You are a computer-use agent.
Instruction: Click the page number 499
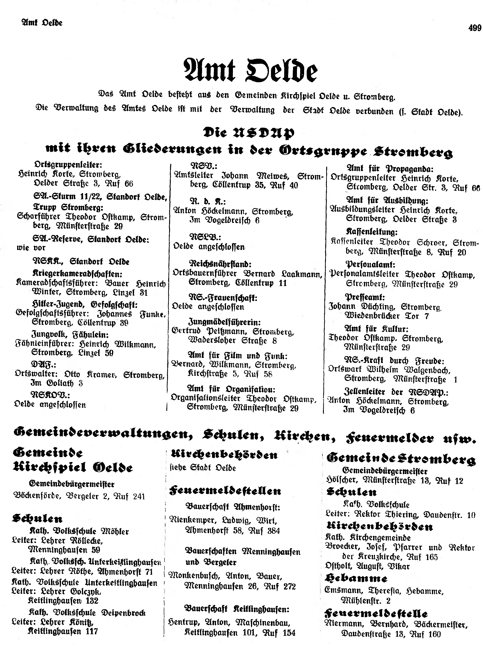474,28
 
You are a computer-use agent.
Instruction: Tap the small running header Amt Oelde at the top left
42,23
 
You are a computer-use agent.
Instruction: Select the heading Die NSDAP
249,133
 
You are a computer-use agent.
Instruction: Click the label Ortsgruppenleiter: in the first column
68,165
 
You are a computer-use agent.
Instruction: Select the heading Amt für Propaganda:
390,169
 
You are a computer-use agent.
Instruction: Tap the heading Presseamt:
365,297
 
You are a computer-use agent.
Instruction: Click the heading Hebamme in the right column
356,578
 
